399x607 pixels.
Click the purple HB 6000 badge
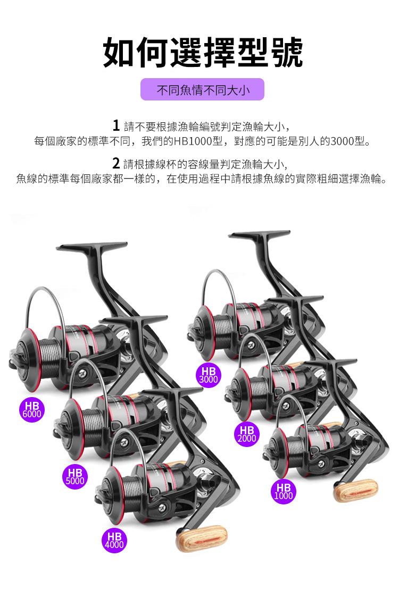[x=32, y=410]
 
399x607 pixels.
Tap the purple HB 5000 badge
[x=75, y=476]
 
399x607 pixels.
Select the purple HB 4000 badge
[x=114, y=540]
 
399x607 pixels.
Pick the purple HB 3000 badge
[x=208, y=375]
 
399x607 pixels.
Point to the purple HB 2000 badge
[x=247, y=434]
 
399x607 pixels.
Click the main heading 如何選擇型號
[x=203, y=52]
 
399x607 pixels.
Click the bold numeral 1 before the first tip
[x=116, y=126]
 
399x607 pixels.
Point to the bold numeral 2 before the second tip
[x=115, y=163]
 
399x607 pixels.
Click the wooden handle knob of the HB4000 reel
[x=202, y=539]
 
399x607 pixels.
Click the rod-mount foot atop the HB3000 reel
[x=259, y=235]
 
